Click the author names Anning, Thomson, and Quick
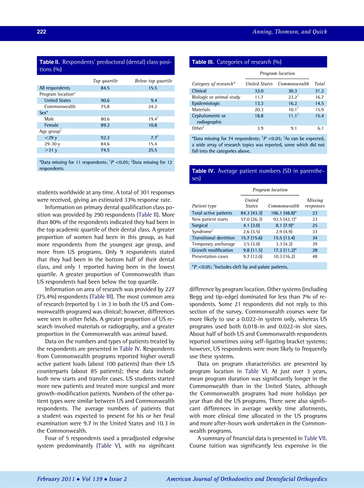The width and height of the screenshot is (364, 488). click(289, 32)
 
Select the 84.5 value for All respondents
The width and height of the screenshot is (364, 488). click(105, 88)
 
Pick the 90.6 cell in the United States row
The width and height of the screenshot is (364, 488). click(105, 101)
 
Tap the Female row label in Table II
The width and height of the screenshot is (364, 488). click(51, 125)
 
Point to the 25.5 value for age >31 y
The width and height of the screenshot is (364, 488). click(153, 150)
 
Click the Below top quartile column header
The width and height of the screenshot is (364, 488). click(153, 81)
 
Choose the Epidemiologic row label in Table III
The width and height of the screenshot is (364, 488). click(206, 103)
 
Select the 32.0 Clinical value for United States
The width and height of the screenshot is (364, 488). click(259, 91)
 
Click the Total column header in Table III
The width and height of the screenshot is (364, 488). click(319, 84)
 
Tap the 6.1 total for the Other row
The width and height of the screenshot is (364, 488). click(320, 129)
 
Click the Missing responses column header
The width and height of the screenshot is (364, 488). click(315, 203)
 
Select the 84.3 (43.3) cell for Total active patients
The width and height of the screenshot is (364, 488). click(251, 213)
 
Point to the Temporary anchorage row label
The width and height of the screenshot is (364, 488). click(213, 244)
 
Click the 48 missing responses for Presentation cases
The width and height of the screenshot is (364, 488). click(315, 256)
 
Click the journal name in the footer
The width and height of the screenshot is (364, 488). click(246, 479)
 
